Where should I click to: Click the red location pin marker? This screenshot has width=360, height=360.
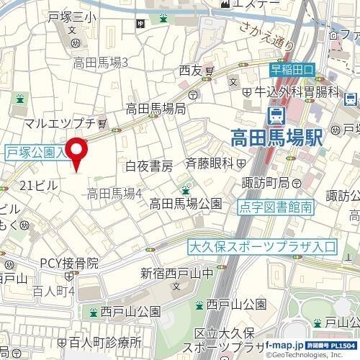78,153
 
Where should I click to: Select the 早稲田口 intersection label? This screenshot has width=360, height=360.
293,71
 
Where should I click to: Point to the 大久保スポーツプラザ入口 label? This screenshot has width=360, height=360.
261,246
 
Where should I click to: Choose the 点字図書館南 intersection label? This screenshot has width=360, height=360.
276,207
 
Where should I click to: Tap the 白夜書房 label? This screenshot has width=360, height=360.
149,166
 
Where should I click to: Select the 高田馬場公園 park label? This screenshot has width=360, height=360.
185,204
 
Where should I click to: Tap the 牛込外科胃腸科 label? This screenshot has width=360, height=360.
296,91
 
